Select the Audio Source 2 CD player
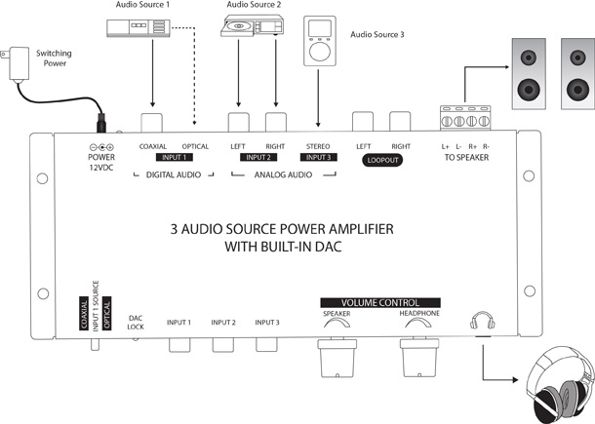click(x=252, y=30)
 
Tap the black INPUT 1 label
click(x=174, y=156)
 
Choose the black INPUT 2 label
click(x=258, y=156)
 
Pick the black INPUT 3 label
click(x=319, y=156)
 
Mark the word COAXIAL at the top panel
click(x=153, y=146)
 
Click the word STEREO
click(x=319, y=146)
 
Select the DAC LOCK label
click(x=136, y=321)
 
